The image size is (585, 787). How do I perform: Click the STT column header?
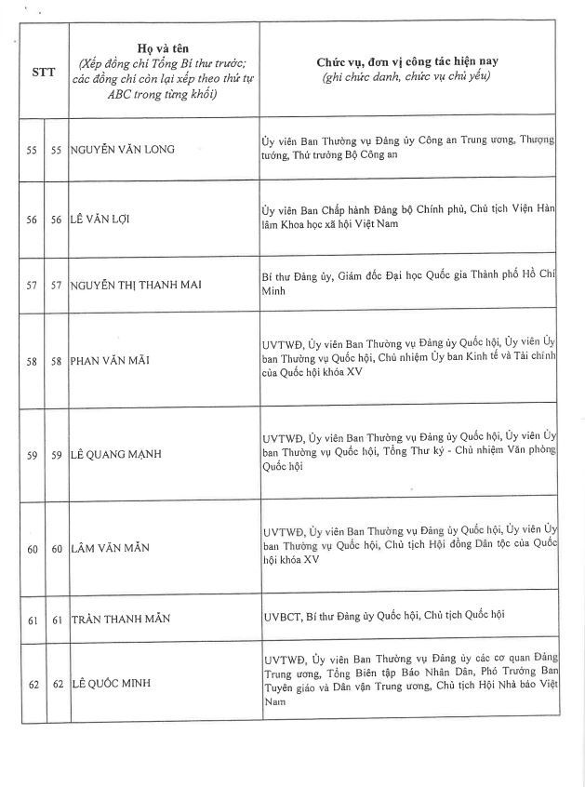pos(44,71)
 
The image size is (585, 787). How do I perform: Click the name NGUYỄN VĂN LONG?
pos(123,149)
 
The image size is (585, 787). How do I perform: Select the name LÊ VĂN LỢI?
pos(105,220)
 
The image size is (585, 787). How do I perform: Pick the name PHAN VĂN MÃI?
pos(110,360)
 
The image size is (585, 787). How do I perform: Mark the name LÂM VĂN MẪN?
pos(110,549)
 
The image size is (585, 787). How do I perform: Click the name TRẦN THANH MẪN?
pos(121,618)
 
